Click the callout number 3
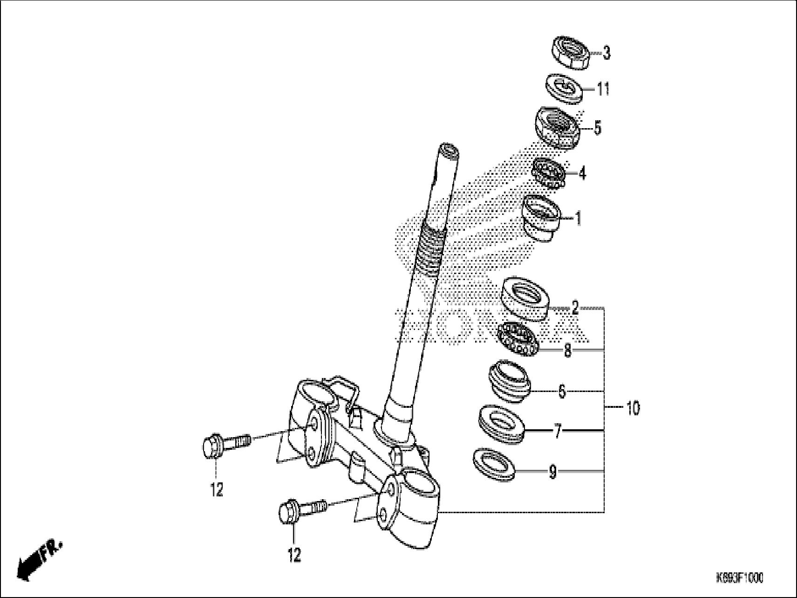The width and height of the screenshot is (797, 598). (606, 53)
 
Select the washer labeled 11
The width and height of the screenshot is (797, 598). (564, 88)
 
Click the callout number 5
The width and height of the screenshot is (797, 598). (598, 128)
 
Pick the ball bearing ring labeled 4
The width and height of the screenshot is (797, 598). (549, 173)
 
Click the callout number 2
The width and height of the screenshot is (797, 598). (575, 308)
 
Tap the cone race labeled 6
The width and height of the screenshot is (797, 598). (509, 381)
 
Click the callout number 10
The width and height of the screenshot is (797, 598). (633, 409)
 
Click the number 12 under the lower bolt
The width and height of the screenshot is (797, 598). (294, 555)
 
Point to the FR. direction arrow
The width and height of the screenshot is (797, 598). (39, 559)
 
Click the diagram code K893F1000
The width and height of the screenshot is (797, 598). (739, 578)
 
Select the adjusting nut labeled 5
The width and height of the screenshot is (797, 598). (556, 127)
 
